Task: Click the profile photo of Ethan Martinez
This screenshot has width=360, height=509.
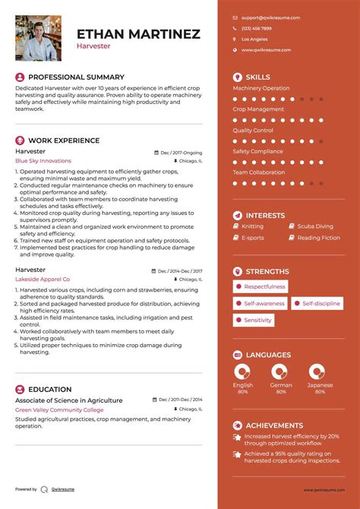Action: tap(39, 38)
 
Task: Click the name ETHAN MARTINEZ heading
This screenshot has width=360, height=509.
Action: tap(138, 33)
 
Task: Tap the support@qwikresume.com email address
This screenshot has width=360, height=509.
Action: tap(270, 17)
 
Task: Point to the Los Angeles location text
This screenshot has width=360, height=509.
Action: tap(254, 39)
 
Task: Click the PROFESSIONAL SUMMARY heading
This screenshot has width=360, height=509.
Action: tap(76, 77)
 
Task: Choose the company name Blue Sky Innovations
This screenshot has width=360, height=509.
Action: tap(43, 161)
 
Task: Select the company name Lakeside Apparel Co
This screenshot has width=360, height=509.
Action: tap(43, 280)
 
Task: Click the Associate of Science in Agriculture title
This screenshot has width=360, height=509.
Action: tap(68, 400)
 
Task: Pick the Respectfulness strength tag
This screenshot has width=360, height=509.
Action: tap(261, 286)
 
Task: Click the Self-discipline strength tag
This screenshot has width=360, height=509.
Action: tap(317, 303)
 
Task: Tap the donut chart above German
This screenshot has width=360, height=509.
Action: tap(280, 371)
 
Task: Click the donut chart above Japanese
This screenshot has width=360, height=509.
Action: tap(317, 371)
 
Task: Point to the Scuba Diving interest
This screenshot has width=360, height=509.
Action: tap(314, 226)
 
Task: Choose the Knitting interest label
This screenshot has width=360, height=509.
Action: tap(253, 226)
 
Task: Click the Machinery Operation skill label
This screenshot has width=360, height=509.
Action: tap(261, 88)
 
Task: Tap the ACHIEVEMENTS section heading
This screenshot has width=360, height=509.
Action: tap(274, 425)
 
